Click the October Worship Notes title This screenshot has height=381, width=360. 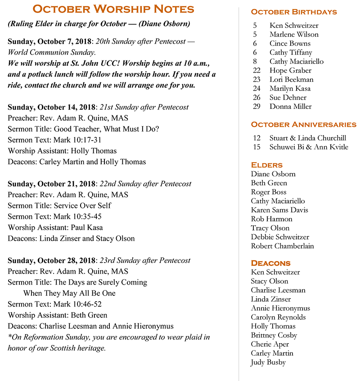(113, 9)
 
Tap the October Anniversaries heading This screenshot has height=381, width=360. (303, 124)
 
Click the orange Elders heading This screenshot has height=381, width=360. (267, 165)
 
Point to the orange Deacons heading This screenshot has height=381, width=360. (271, 263)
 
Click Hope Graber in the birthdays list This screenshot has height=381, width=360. (290, 70)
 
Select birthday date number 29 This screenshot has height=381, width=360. (257, 106)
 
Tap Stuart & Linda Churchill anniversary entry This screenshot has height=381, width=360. (308, 138)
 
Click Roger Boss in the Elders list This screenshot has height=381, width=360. (269, 192)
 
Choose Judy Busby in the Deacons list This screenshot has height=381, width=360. (268, 362)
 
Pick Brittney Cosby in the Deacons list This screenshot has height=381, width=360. (274, 335)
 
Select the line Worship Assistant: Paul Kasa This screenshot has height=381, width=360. (55, 227)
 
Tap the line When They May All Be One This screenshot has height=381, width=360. (69, 293)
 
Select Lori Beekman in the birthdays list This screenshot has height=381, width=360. (292, 79)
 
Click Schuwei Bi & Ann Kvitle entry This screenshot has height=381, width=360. (309, 147)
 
